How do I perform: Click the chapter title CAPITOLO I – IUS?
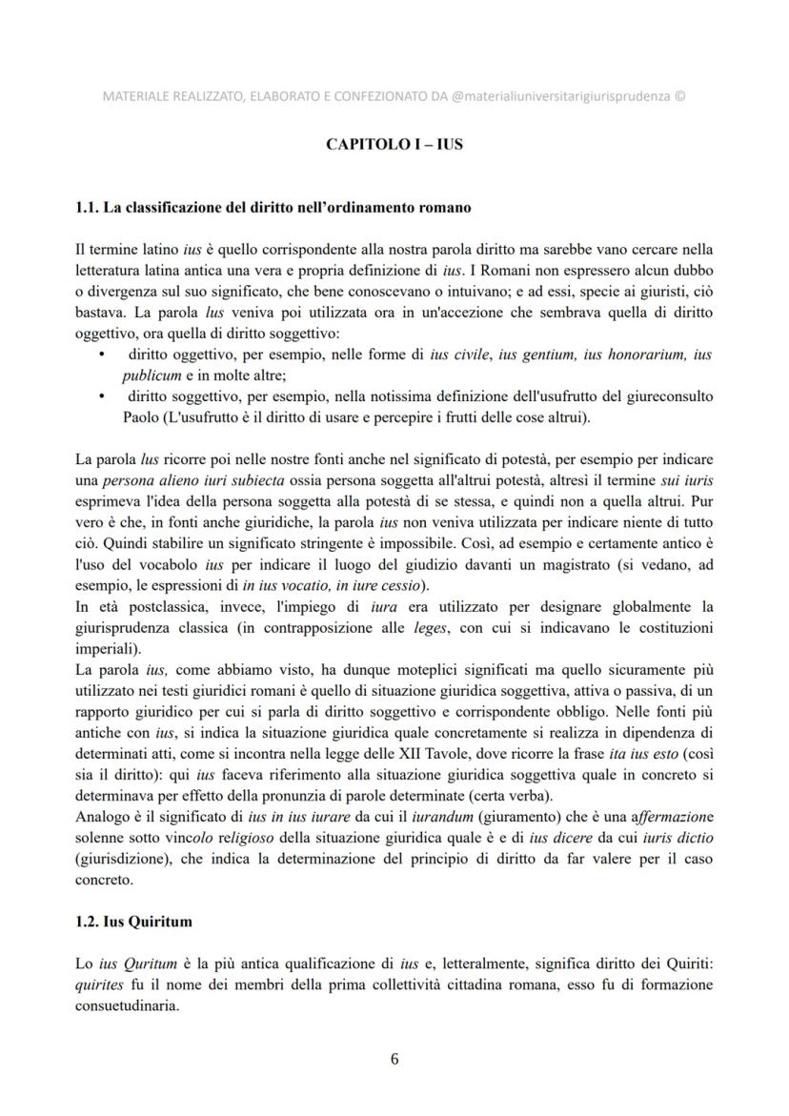[x=394, y=145]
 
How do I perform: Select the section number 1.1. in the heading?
[x=88, y=207]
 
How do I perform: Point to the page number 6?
[x=394, y=1058]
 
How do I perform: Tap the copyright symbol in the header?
[x=678, y=96]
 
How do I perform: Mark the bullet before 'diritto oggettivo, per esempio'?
[x=102, y=355]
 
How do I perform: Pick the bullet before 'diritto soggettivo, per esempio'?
[x=102, y=396]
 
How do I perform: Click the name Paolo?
[x=143, y=416]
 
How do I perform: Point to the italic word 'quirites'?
[x=96, y=986]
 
